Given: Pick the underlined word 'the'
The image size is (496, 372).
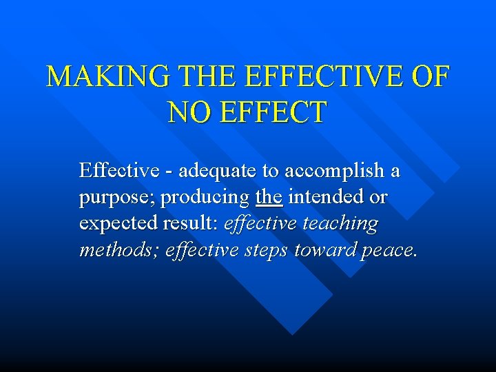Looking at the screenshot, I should coord(269,197).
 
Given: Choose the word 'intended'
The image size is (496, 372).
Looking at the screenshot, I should coord(328,197).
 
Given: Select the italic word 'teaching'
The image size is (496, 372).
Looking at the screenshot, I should coord(342,224).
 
